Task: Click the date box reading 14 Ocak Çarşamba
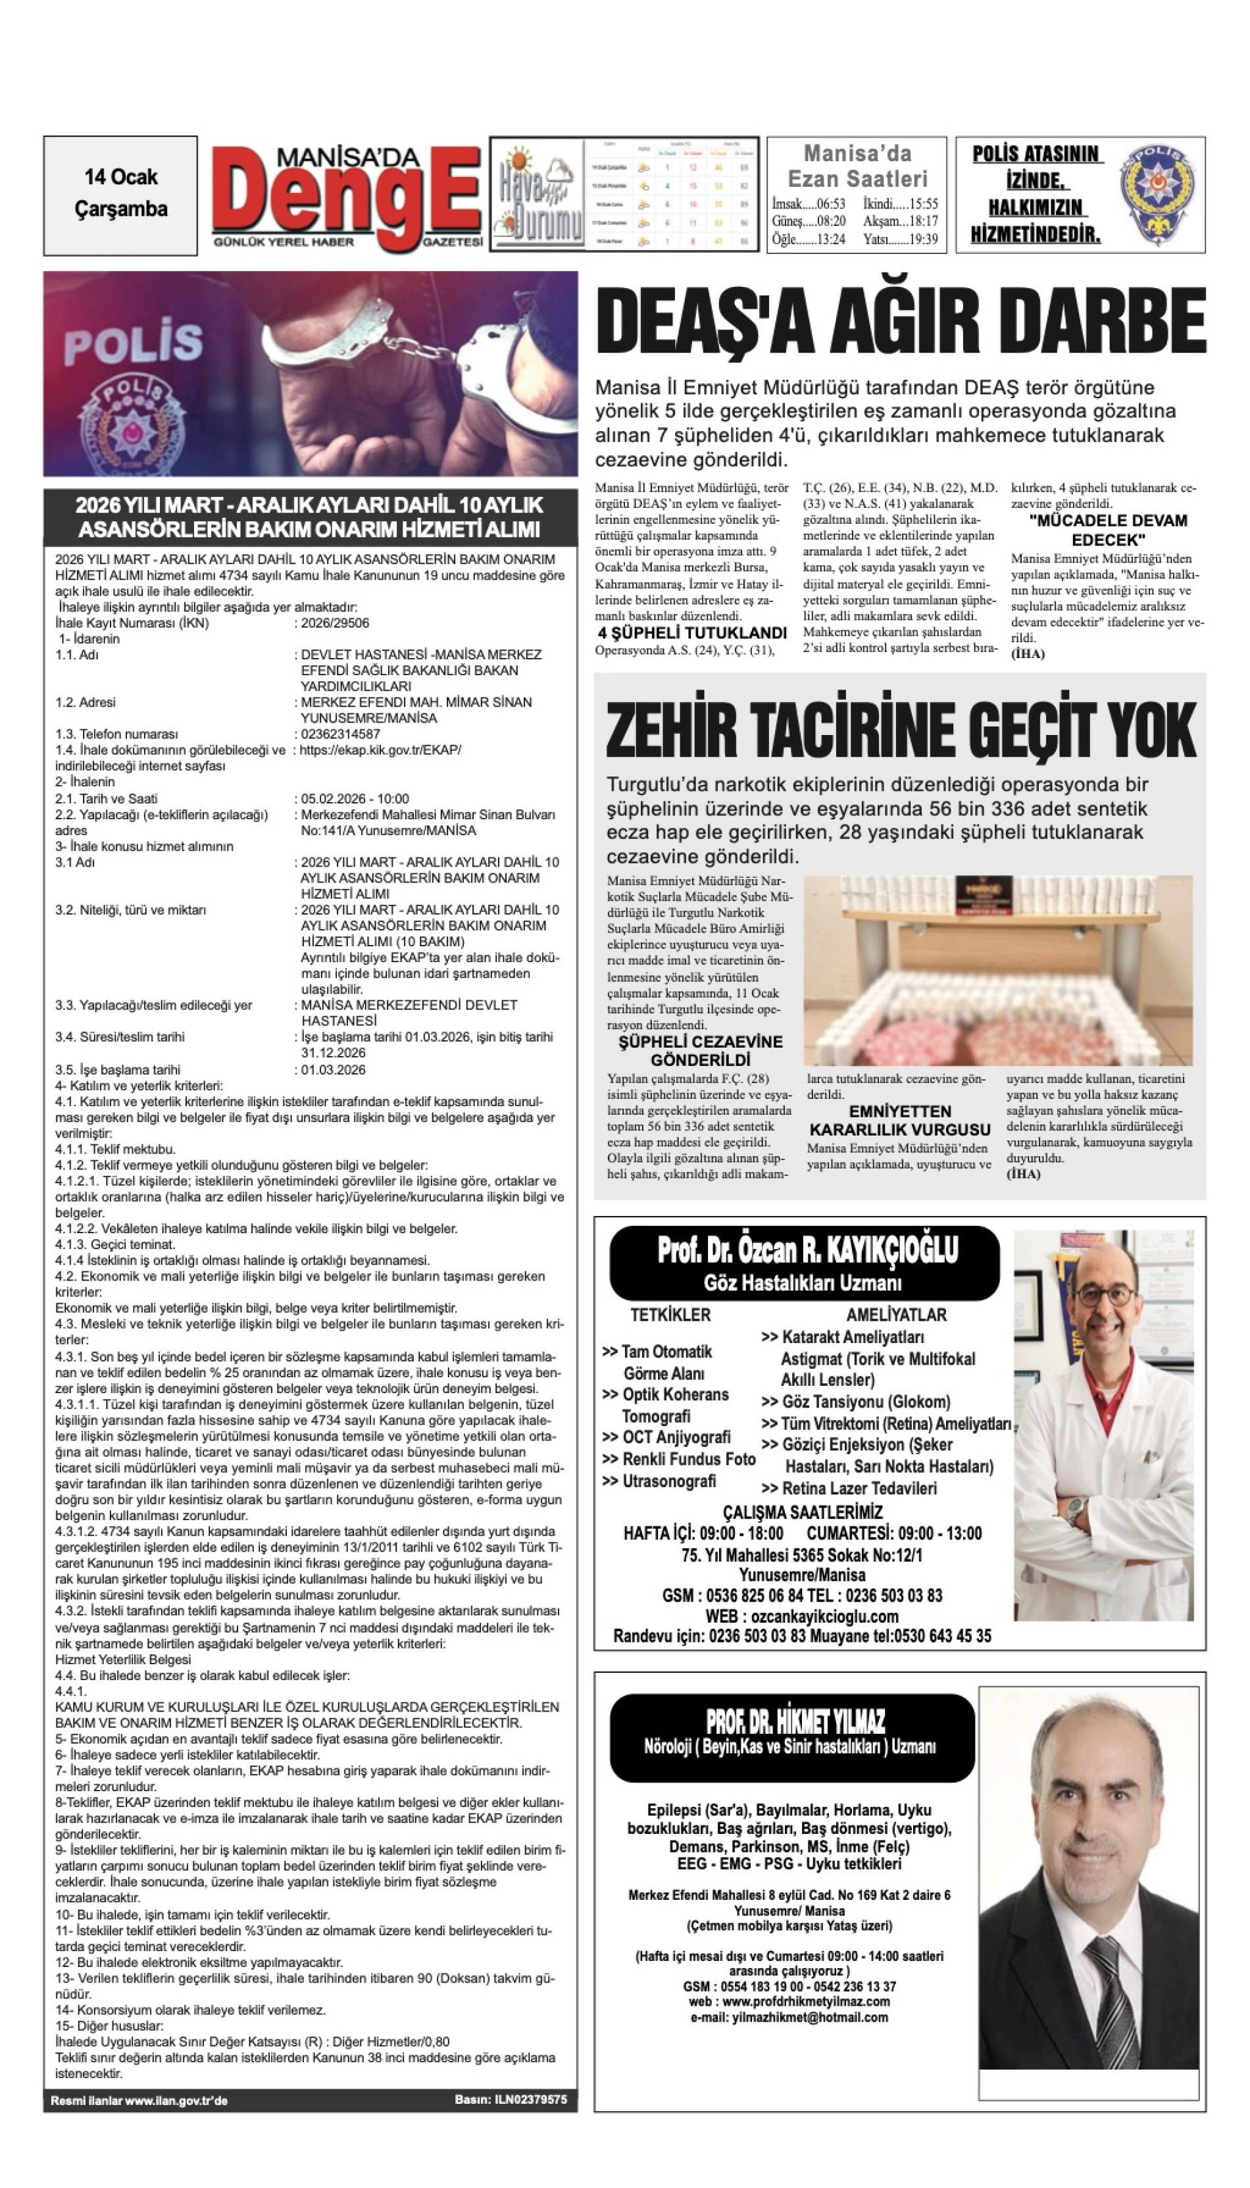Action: [x=120, y=194]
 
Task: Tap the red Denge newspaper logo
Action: [x=348, y=197]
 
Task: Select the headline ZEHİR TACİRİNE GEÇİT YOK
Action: [x=901, y=729]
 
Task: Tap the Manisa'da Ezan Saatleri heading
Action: [x=857, y=166]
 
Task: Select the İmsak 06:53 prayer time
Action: [x=808, y=205]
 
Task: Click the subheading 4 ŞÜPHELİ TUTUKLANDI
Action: [x=692, y=633]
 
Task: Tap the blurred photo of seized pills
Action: [x=997, y=971]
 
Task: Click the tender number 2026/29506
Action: [x=335, y=623]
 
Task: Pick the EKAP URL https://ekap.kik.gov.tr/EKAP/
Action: [x=380, y=750]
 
